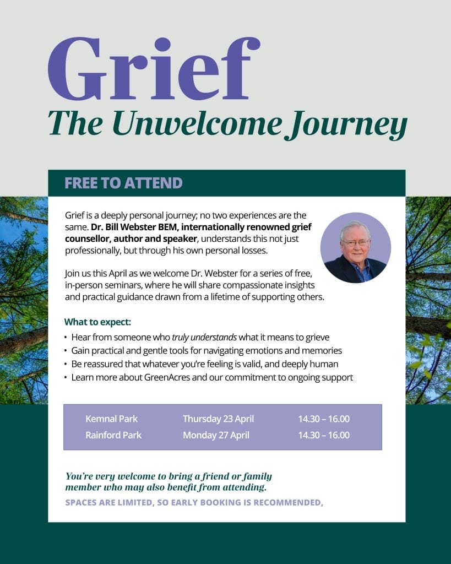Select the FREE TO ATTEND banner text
(x=123, y=183)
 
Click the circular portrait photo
(x=355, y=248)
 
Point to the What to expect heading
(x=97, y=322)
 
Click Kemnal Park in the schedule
(x=112, y=419)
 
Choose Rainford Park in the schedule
(x=113, y=435)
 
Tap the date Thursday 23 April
(x=218, y=419)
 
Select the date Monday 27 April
(x=216, y=435)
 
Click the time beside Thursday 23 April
(x=324, y=419)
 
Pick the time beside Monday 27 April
(x=324, y=435)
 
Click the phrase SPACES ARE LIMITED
(x=108, y=502)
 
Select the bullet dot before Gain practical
(x=66, y=351)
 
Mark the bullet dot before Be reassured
(x=66, y=364)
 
